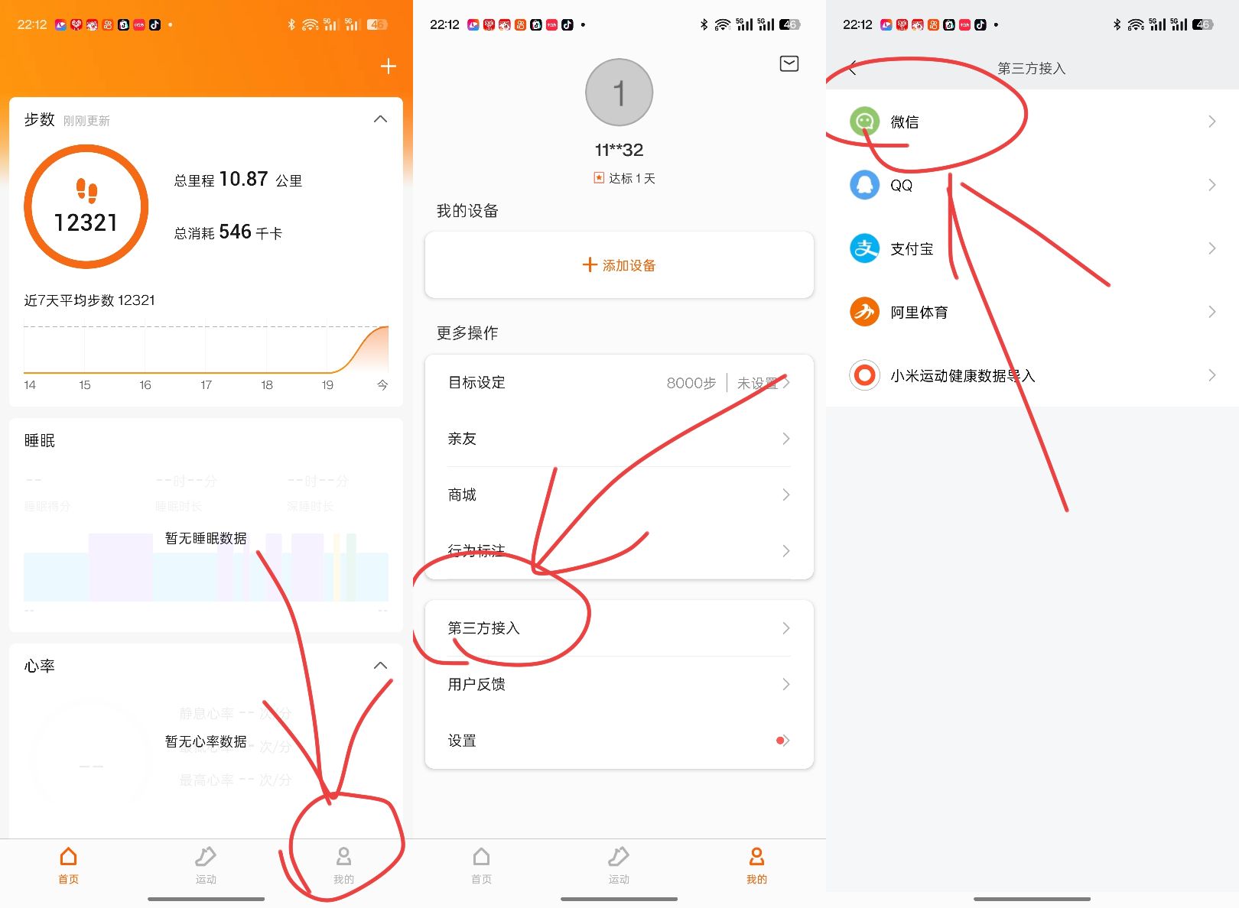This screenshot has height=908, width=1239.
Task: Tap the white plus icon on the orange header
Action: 389,66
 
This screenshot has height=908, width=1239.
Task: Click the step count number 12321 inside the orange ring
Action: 86,222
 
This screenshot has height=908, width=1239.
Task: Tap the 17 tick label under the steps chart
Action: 206,385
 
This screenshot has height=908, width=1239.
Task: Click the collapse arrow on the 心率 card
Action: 380,666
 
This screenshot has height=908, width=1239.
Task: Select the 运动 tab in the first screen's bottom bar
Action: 206,864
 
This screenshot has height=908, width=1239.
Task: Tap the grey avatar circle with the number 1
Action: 619,92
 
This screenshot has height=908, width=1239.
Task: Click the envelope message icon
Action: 789,63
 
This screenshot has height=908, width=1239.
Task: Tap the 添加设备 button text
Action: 628,265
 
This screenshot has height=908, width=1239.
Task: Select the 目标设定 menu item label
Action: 476,383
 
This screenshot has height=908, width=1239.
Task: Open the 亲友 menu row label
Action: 462,439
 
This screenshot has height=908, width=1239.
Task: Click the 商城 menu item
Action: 462,495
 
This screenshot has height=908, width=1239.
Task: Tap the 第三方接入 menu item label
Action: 483,628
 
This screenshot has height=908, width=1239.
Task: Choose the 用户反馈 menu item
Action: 476,684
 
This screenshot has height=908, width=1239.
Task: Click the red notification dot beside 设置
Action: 779,741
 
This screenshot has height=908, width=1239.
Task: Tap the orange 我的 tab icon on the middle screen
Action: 756,857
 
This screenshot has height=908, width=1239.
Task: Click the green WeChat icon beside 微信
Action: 865,122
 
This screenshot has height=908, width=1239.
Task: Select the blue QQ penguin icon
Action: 865,185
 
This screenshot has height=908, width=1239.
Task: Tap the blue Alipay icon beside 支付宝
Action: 865,248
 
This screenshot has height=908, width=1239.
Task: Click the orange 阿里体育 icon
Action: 865,312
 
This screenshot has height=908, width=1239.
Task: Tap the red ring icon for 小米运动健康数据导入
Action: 865,375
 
